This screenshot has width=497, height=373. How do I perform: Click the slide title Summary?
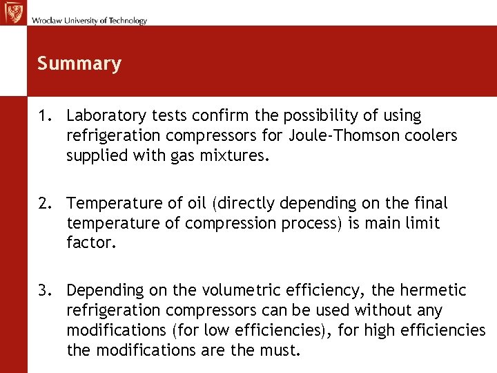(79, 64)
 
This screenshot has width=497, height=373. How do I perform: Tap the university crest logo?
(13, 12)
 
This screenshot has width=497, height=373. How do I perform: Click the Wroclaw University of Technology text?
(88, 21)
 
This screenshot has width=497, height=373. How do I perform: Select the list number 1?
(44, 116)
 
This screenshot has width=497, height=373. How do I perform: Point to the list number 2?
(44, 204)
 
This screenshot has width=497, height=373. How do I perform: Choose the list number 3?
(44, 291)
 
